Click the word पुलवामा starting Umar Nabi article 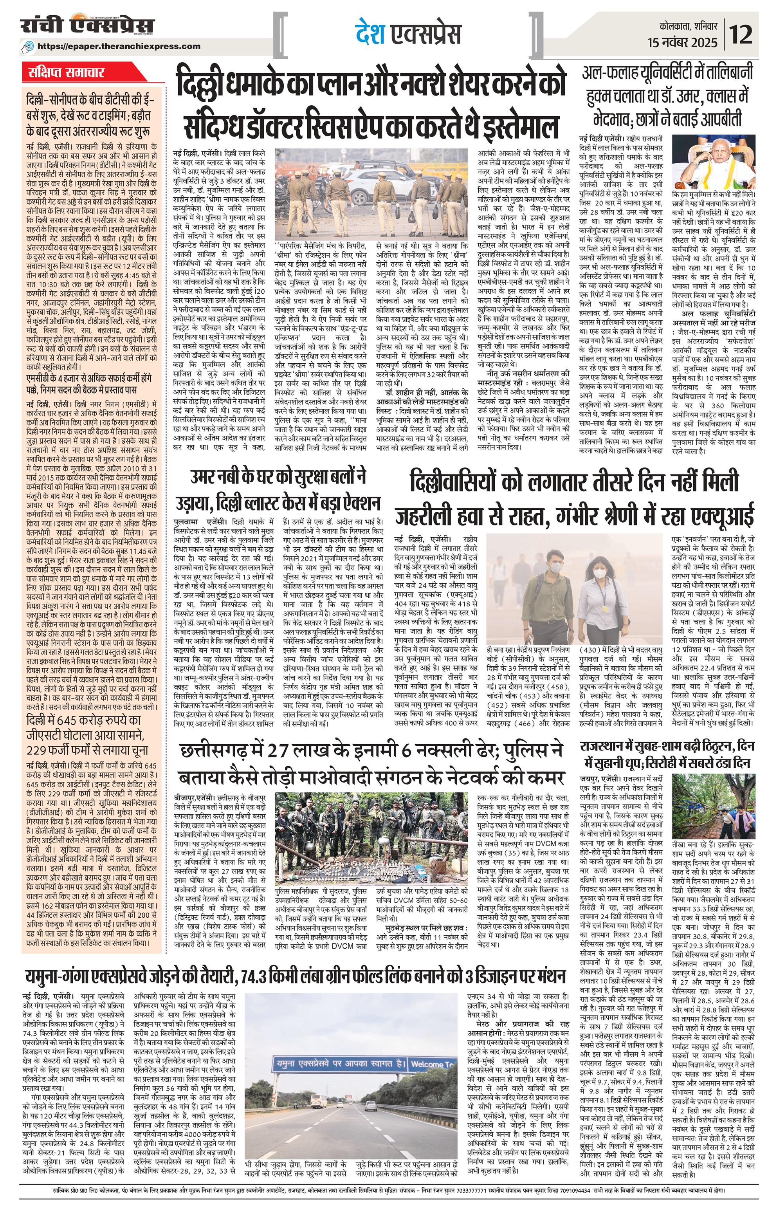point(189,521)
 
